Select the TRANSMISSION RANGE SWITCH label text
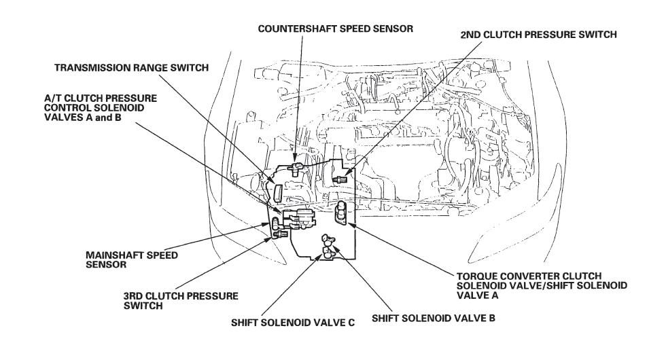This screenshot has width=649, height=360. tap(130, 67)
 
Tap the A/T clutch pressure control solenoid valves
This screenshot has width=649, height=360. tap(299, 219)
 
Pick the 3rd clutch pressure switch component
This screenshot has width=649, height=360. tap(276, 234)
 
